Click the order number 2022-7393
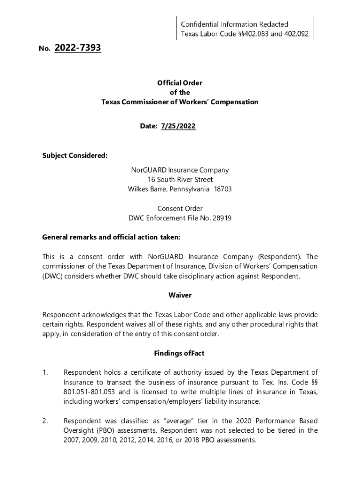coord(78,48)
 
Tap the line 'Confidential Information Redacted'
coord(235,24)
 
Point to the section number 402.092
coord(294,34)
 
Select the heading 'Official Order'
coord(180,83)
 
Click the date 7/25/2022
coord(178,126)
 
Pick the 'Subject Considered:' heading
coord(75,156)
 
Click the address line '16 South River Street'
coord(180,180)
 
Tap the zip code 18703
coord(223,189)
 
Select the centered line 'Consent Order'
coord(180,209)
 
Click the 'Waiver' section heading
coord(180,295)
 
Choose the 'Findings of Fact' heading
coord(180,353)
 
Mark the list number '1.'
coord(45,372)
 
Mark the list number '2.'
coord(45,421)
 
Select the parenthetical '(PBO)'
coord(104,430)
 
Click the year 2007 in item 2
coord(72,440)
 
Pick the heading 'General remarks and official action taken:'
coord(111,237)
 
